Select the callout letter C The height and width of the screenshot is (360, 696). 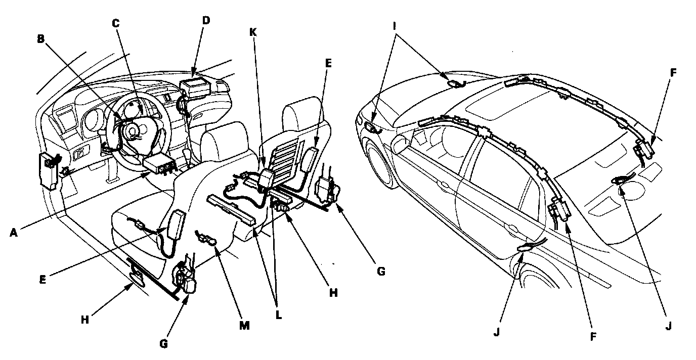pos(116,23)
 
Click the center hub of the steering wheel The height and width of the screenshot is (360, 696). pos(133,132)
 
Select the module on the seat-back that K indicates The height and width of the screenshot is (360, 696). pos(265,179)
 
